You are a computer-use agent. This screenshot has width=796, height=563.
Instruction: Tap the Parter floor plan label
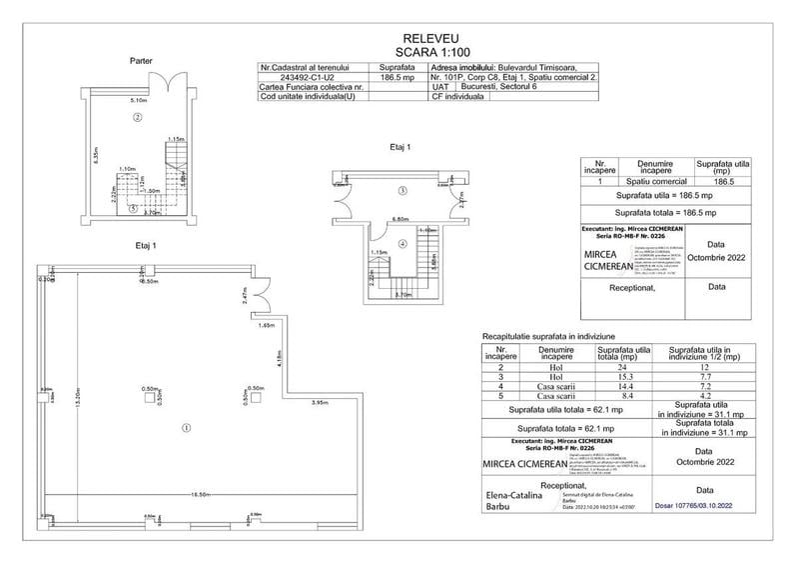click(141, 61)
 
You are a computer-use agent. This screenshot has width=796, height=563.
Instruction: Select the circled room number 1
click(186, 428)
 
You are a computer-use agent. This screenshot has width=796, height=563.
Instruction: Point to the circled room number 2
click(138, 118)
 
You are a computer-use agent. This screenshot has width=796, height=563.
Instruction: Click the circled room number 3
click(401, 190)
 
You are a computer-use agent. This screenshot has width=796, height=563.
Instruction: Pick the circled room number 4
click(401, 243)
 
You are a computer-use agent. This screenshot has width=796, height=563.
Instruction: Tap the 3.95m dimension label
click(321, 403)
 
